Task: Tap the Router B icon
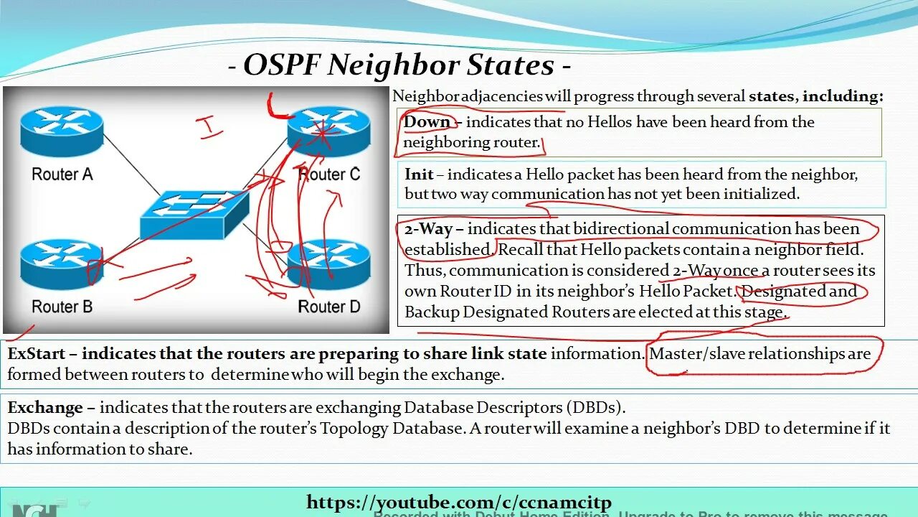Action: pos(62,264)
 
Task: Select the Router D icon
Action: pos(328,264)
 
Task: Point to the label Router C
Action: pos(328,174)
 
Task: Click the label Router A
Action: pos(62,174)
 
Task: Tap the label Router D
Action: pos(328,307)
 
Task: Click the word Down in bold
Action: pos(427,122)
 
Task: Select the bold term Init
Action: pos(419,174)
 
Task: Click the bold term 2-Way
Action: pos(428,229)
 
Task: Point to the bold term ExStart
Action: pos(37,353)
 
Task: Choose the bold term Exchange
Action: pos(44,407)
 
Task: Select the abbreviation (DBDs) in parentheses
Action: pos(595,407)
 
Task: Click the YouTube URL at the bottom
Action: pos(459,502)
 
